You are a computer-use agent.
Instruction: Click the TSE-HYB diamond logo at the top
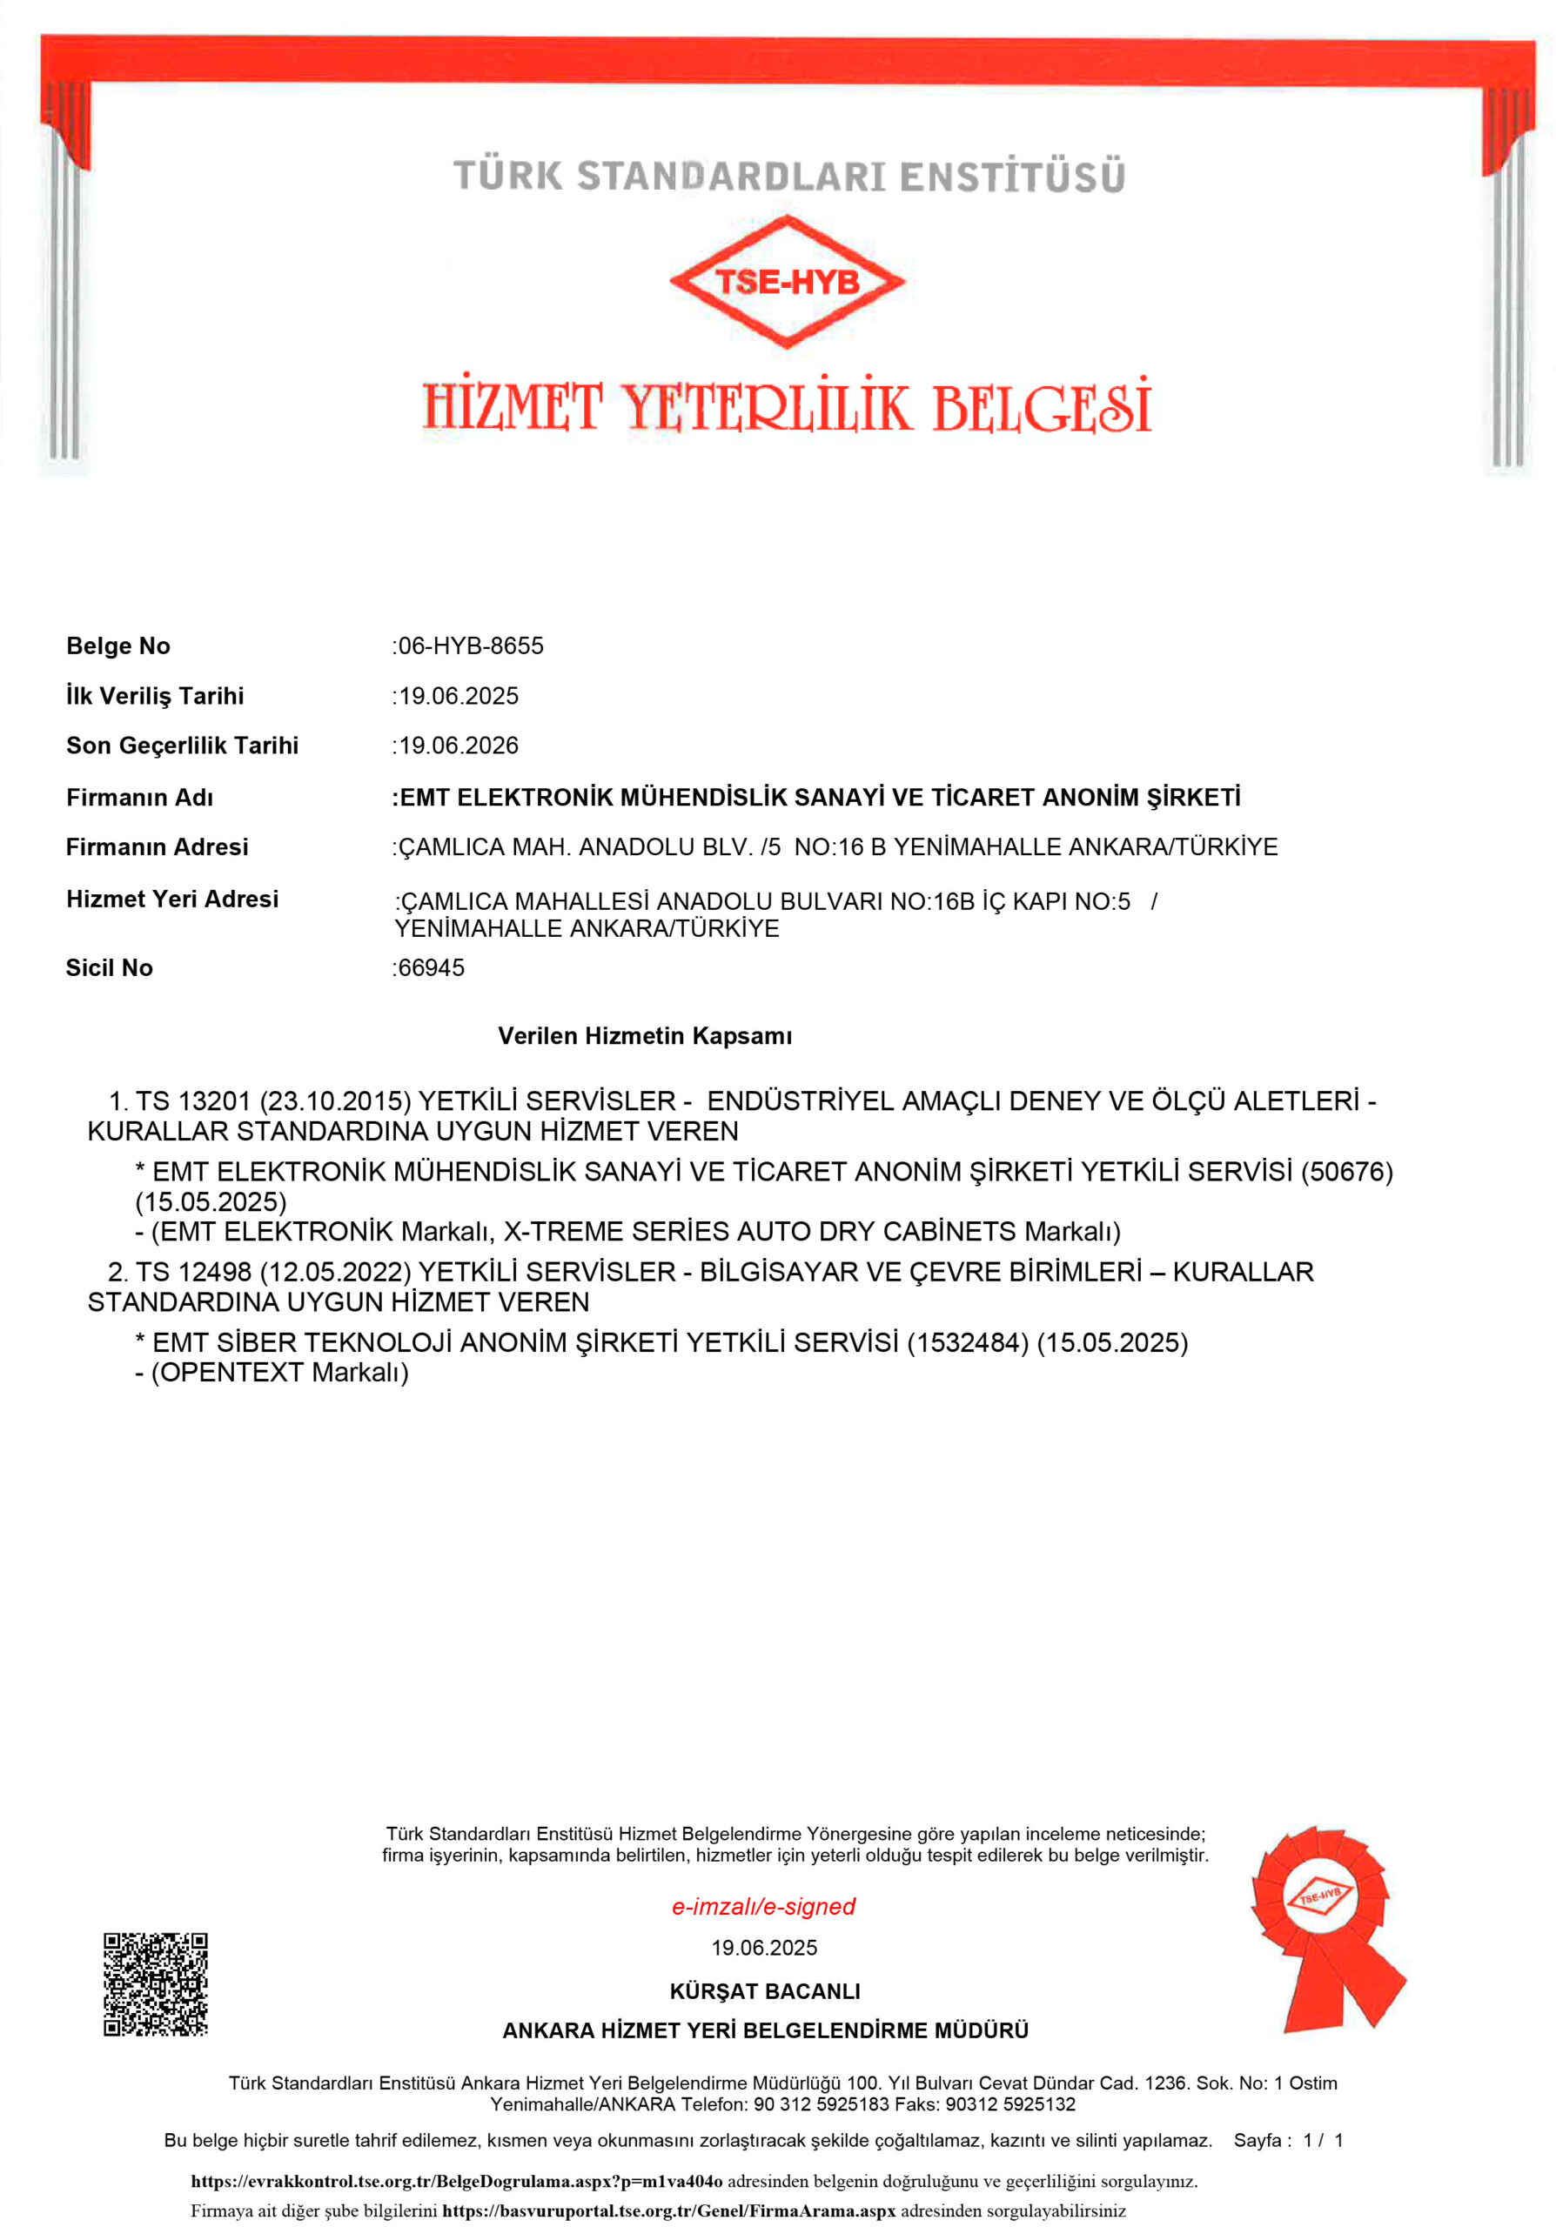pos(786,281)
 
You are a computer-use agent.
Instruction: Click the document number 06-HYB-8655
pos(472,646)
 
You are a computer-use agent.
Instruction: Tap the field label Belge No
pos(118,646)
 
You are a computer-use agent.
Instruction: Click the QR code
pos(156,1983)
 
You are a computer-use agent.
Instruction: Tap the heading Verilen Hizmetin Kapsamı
pos(645,1036)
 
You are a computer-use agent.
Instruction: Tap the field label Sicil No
pos(110,968)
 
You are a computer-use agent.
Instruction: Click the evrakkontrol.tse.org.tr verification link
pos(456,2182)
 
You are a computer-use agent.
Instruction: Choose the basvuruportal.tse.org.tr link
pos(668,2210)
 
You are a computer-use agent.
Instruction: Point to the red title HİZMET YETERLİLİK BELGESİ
pos(787,406)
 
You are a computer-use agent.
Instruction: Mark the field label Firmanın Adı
pos(140,798)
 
